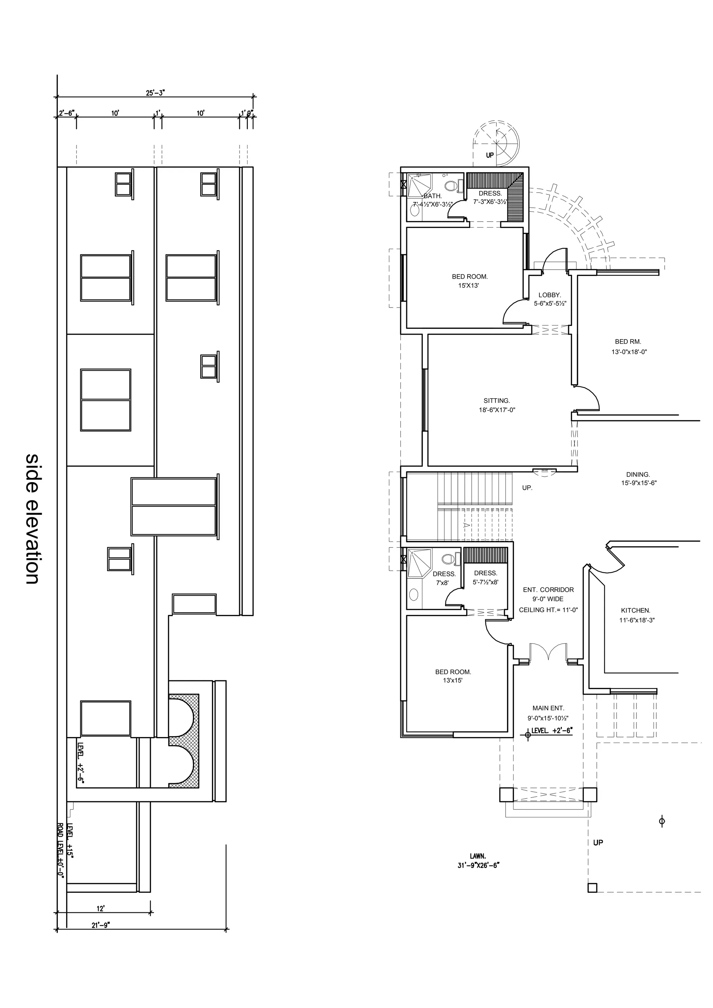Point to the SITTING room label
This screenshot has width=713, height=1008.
coord(496,401)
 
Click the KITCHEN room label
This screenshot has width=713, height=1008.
coord(635,610)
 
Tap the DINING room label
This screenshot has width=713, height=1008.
coord(638,474)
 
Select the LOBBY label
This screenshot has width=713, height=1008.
coord(550,295)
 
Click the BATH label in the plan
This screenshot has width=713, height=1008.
coord(432,196)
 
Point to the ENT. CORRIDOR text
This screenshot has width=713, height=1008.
coord(548,590)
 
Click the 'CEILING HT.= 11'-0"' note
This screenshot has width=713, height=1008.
coord(548,610)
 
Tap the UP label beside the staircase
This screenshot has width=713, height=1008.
coord(527,488)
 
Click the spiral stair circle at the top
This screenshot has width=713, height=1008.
coord(496,144)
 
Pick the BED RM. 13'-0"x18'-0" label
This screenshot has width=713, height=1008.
coord(629,346)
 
